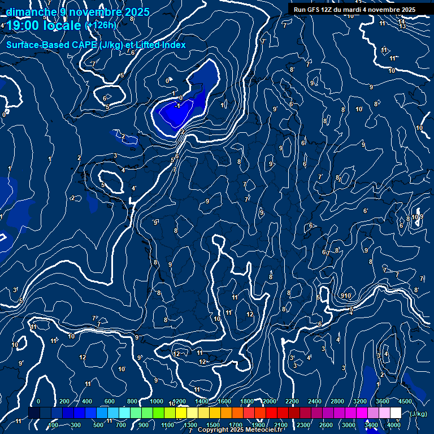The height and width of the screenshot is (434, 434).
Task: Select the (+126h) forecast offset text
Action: (x=101, y=25)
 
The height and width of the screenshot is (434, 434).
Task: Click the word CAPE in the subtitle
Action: (x=81, y=45)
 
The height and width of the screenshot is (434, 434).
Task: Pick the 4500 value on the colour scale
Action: (x=405, y=401)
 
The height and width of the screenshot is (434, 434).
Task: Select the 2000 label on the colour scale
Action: (x=270, y=401)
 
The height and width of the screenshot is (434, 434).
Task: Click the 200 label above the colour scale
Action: (x=64, y=401)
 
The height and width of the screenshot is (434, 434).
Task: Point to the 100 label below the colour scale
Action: (x=53, y=425)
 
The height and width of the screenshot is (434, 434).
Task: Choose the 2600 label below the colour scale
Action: (x=326, y=425)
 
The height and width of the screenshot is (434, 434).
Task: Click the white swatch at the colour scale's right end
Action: (x=396, y=413)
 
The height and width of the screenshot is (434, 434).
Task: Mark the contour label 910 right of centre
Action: (x=346, y=296)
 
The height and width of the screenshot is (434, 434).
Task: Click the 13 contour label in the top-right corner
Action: (x=402, y=26)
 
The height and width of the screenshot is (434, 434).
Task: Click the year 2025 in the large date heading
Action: (x=137, y=12)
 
